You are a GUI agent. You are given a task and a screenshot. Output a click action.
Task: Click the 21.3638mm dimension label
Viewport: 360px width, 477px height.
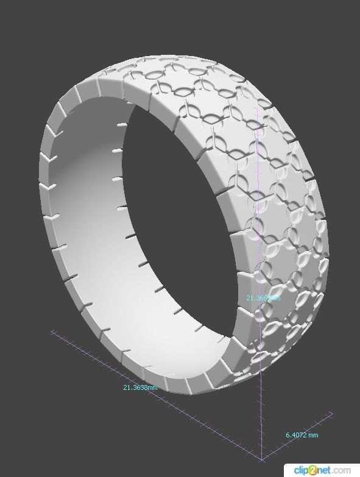click(x=140, y=387)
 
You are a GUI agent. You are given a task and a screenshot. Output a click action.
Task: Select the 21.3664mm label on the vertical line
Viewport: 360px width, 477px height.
click(x=263, y=298)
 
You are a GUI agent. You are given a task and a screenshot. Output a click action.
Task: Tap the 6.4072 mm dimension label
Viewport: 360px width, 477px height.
click(x=302, y=435)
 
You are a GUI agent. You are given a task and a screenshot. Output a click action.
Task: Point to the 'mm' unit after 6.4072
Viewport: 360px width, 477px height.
click(x=312, y=435)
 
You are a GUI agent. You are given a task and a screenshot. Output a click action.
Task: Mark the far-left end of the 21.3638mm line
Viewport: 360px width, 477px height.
click(x=53, y=332)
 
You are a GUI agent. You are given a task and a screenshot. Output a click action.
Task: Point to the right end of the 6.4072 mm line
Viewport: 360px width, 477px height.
click(x=332, y=415)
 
